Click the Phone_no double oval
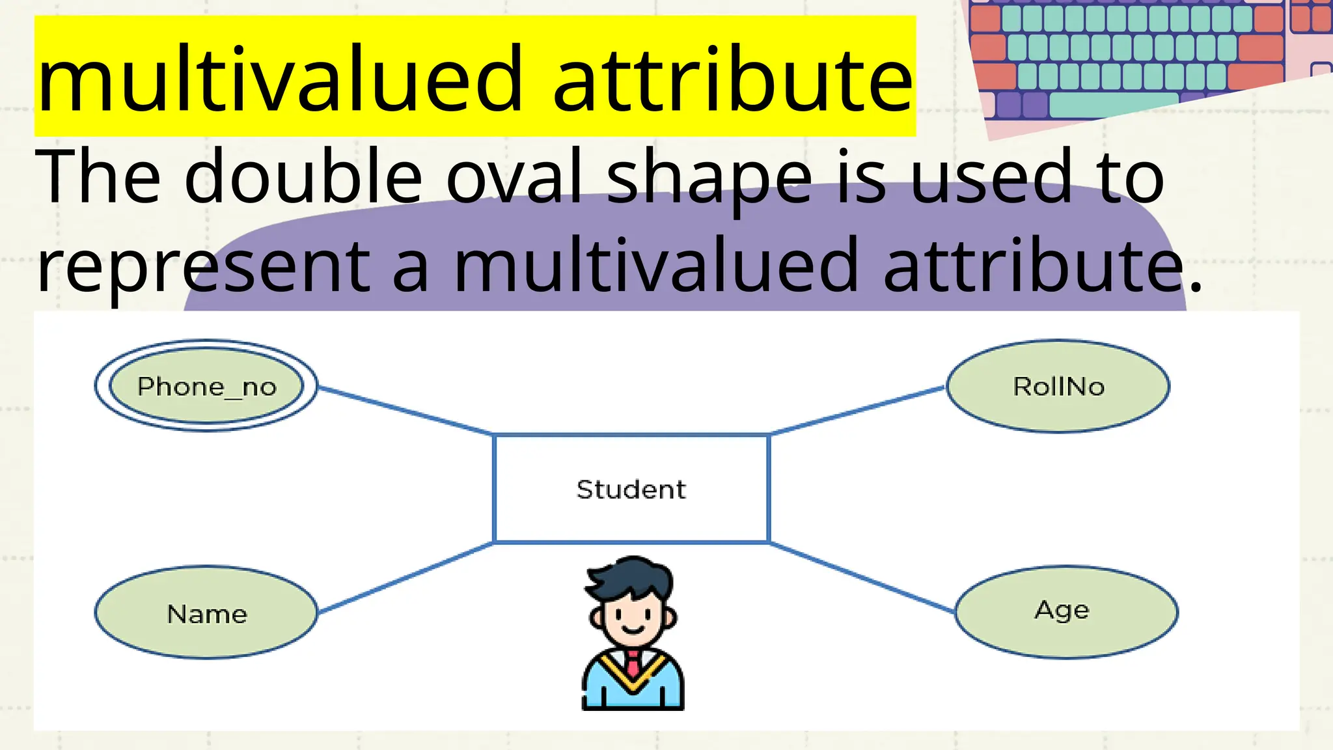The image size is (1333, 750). click(x=206, y=386)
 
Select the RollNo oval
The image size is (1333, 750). click(x=1058, y=386)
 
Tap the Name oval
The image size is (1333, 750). click(x=206, y=613)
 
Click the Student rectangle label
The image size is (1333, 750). click(x=631, y=490)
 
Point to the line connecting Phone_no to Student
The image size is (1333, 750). click(x=405, y=410)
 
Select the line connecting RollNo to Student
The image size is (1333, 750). click(x=857, y=410)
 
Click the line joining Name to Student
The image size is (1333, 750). click(x=405, y=578)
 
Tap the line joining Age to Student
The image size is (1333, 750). click(x=862, y=577)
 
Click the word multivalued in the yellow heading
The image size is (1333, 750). click(x=280, y=81)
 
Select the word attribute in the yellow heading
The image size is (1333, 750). click(x=732, y=81)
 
